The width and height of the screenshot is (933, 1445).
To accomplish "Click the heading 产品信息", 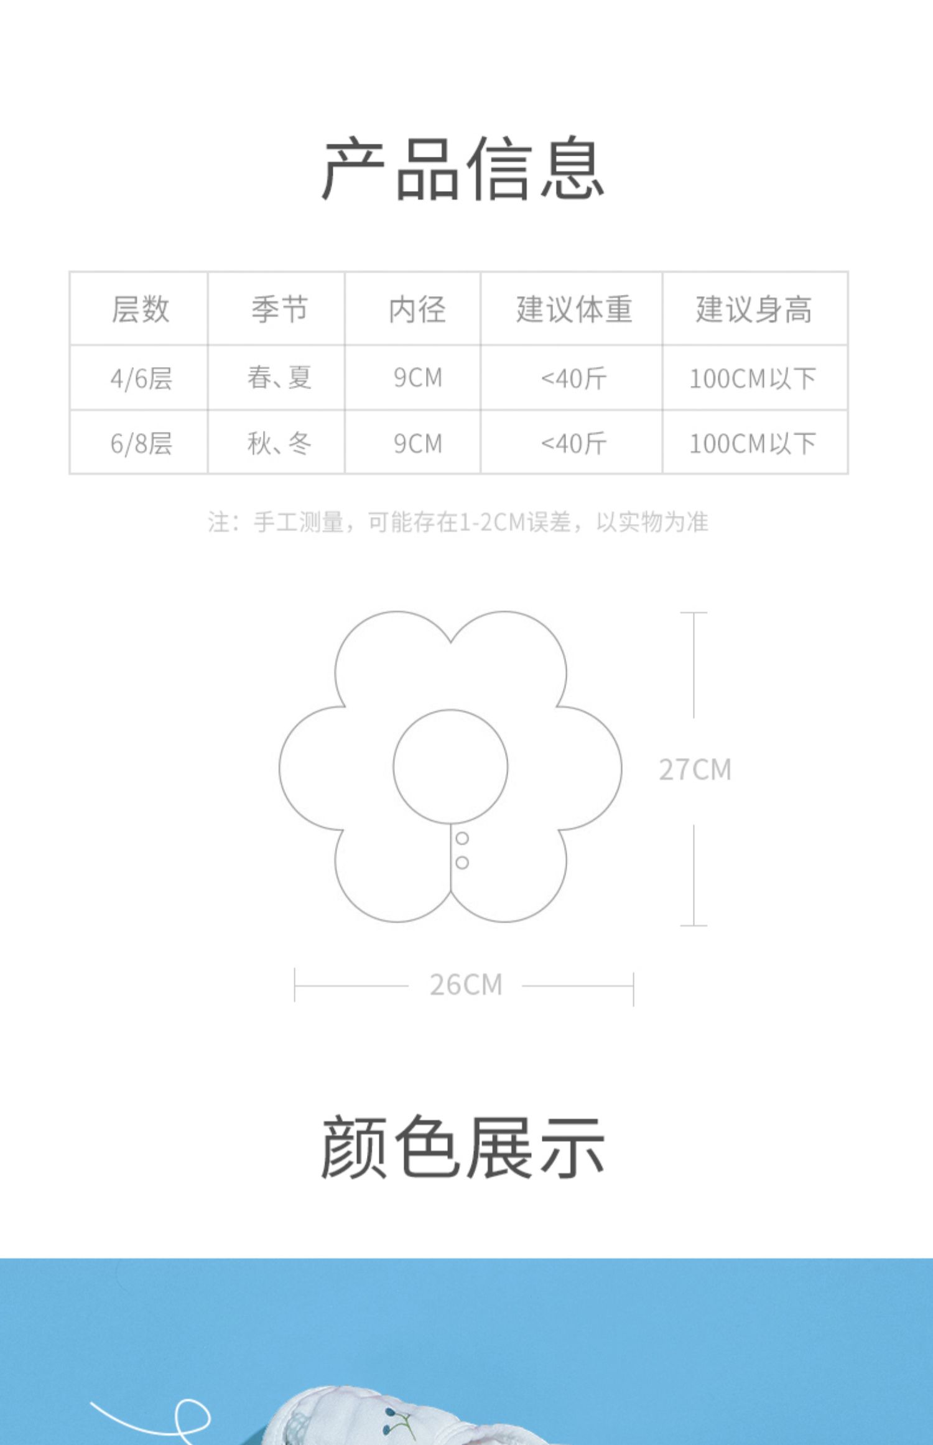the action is pyautogui.click(x=463, y=169).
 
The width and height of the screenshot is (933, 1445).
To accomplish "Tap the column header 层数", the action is pyautogui.click(x=140, y=309).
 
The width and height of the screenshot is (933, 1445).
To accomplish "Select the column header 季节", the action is pyautogui.click(x=279, y=309).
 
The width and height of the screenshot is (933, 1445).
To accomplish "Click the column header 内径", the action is pyautogui.click(x=417, y=309).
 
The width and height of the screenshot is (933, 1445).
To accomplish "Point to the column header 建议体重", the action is pyautogui.click(x=573, y=309).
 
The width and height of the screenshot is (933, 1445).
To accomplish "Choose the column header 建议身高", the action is pyautogui.click(x=753, y=309).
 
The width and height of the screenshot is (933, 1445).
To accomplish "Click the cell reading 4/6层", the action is pyautogui.click(x=141, y=378).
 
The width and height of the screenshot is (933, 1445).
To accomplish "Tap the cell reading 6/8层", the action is pyautogui.click(x=141, y=444).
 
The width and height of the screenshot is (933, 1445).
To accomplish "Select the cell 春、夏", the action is pyautogui.click(x=279, y=378).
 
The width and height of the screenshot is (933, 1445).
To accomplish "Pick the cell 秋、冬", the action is pyautogui.click(x=279, y=444).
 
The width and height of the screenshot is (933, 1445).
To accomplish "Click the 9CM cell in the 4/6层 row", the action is pyautogui.click(x=417, y=378).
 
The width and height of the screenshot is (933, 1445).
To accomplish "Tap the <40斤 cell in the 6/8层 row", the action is pyautogui.click(x=573, y=444).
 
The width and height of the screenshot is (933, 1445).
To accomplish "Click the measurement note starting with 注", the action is pyautogui.click(x=458, y=522).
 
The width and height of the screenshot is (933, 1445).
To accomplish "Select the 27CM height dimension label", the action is pyautogui.click(x=695, y=770).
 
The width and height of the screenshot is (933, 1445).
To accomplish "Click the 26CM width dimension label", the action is pyautogui.click(x=466, y=985).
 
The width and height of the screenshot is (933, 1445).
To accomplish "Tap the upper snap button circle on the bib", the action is pyautogui.click(x=462, y=838).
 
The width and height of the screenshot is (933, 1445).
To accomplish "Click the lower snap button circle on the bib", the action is pyautogui.click(x=462, y=863).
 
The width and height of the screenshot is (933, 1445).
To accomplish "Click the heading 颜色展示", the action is pyautogui.click(x=463, y=1147).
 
